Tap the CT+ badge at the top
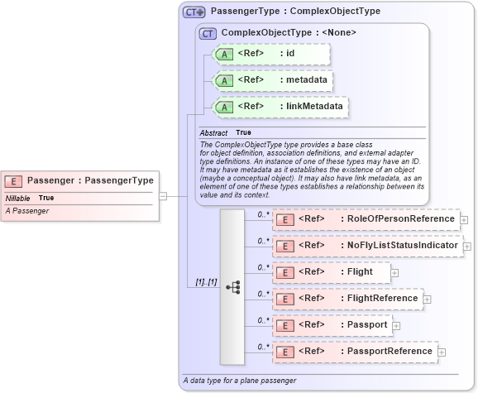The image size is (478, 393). tap(194, 12)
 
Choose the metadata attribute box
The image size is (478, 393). tap(273, 80)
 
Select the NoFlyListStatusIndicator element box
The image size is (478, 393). tap(366, 246)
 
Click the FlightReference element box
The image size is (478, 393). tap(347, 299)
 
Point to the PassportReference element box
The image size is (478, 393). tap(355, 352)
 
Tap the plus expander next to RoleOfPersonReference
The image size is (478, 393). tap(464, 220)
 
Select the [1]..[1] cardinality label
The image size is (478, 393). tap(205, 282)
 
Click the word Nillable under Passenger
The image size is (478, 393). tap(18, 199)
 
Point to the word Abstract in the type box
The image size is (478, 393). tap(213, 132)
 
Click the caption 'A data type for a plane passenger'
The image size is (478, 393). tap(238, 381)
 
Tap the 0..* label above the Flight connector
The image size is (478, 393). tap(264, 266)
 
